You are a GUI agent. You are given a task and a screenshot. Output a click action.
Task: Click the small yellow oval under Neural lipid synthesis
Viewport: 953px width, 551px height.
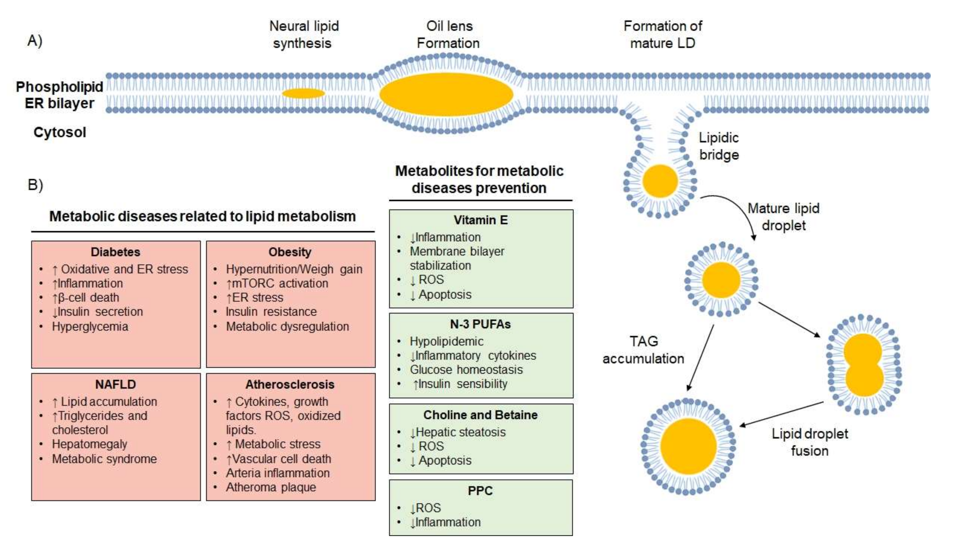pos(303,93)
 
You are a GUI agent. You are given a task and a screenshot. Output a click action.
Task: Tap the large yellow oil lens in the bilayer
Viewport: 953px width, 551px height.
pos(446,94)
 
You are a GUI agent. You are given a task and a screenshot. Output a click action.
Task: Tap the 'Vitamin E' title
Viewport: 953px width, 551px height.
pos(480,220)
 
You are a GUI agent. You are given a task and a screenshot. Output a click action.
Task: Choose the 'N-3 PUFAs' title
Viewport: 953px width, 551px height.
pos(480,324)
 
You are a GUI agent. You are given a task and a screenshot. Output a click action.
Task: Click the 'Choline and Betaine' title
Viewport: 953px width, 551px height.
pos(480,415)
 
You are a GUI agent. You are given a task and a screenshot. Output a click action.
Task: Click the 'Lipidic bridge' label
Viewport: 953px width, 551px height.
pos(719,146)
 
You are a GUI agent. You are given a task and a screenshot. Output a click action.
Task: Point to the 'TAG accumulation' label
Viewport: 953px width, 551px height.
pos(643,350)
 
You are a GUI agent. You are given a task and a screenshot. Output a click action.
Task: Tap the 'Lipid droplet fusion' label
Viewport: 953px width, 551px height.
pos(810,442)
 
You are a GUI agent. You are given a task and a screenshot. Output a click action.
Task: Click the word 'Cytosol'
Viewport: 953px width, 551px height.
pos(60,132)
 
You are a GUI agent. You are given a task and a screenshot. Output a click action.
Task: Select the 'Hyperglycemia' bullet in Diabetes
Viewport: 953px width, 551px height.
pos(90,326)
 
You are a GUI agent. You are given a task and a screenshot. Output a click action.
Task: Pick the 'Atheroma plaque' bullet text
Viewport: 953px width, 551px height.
pos(271,487)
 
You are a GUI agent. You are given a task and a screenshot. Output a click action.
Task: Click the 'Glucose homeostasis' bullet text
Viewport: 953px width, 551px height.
pos(466,369)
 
